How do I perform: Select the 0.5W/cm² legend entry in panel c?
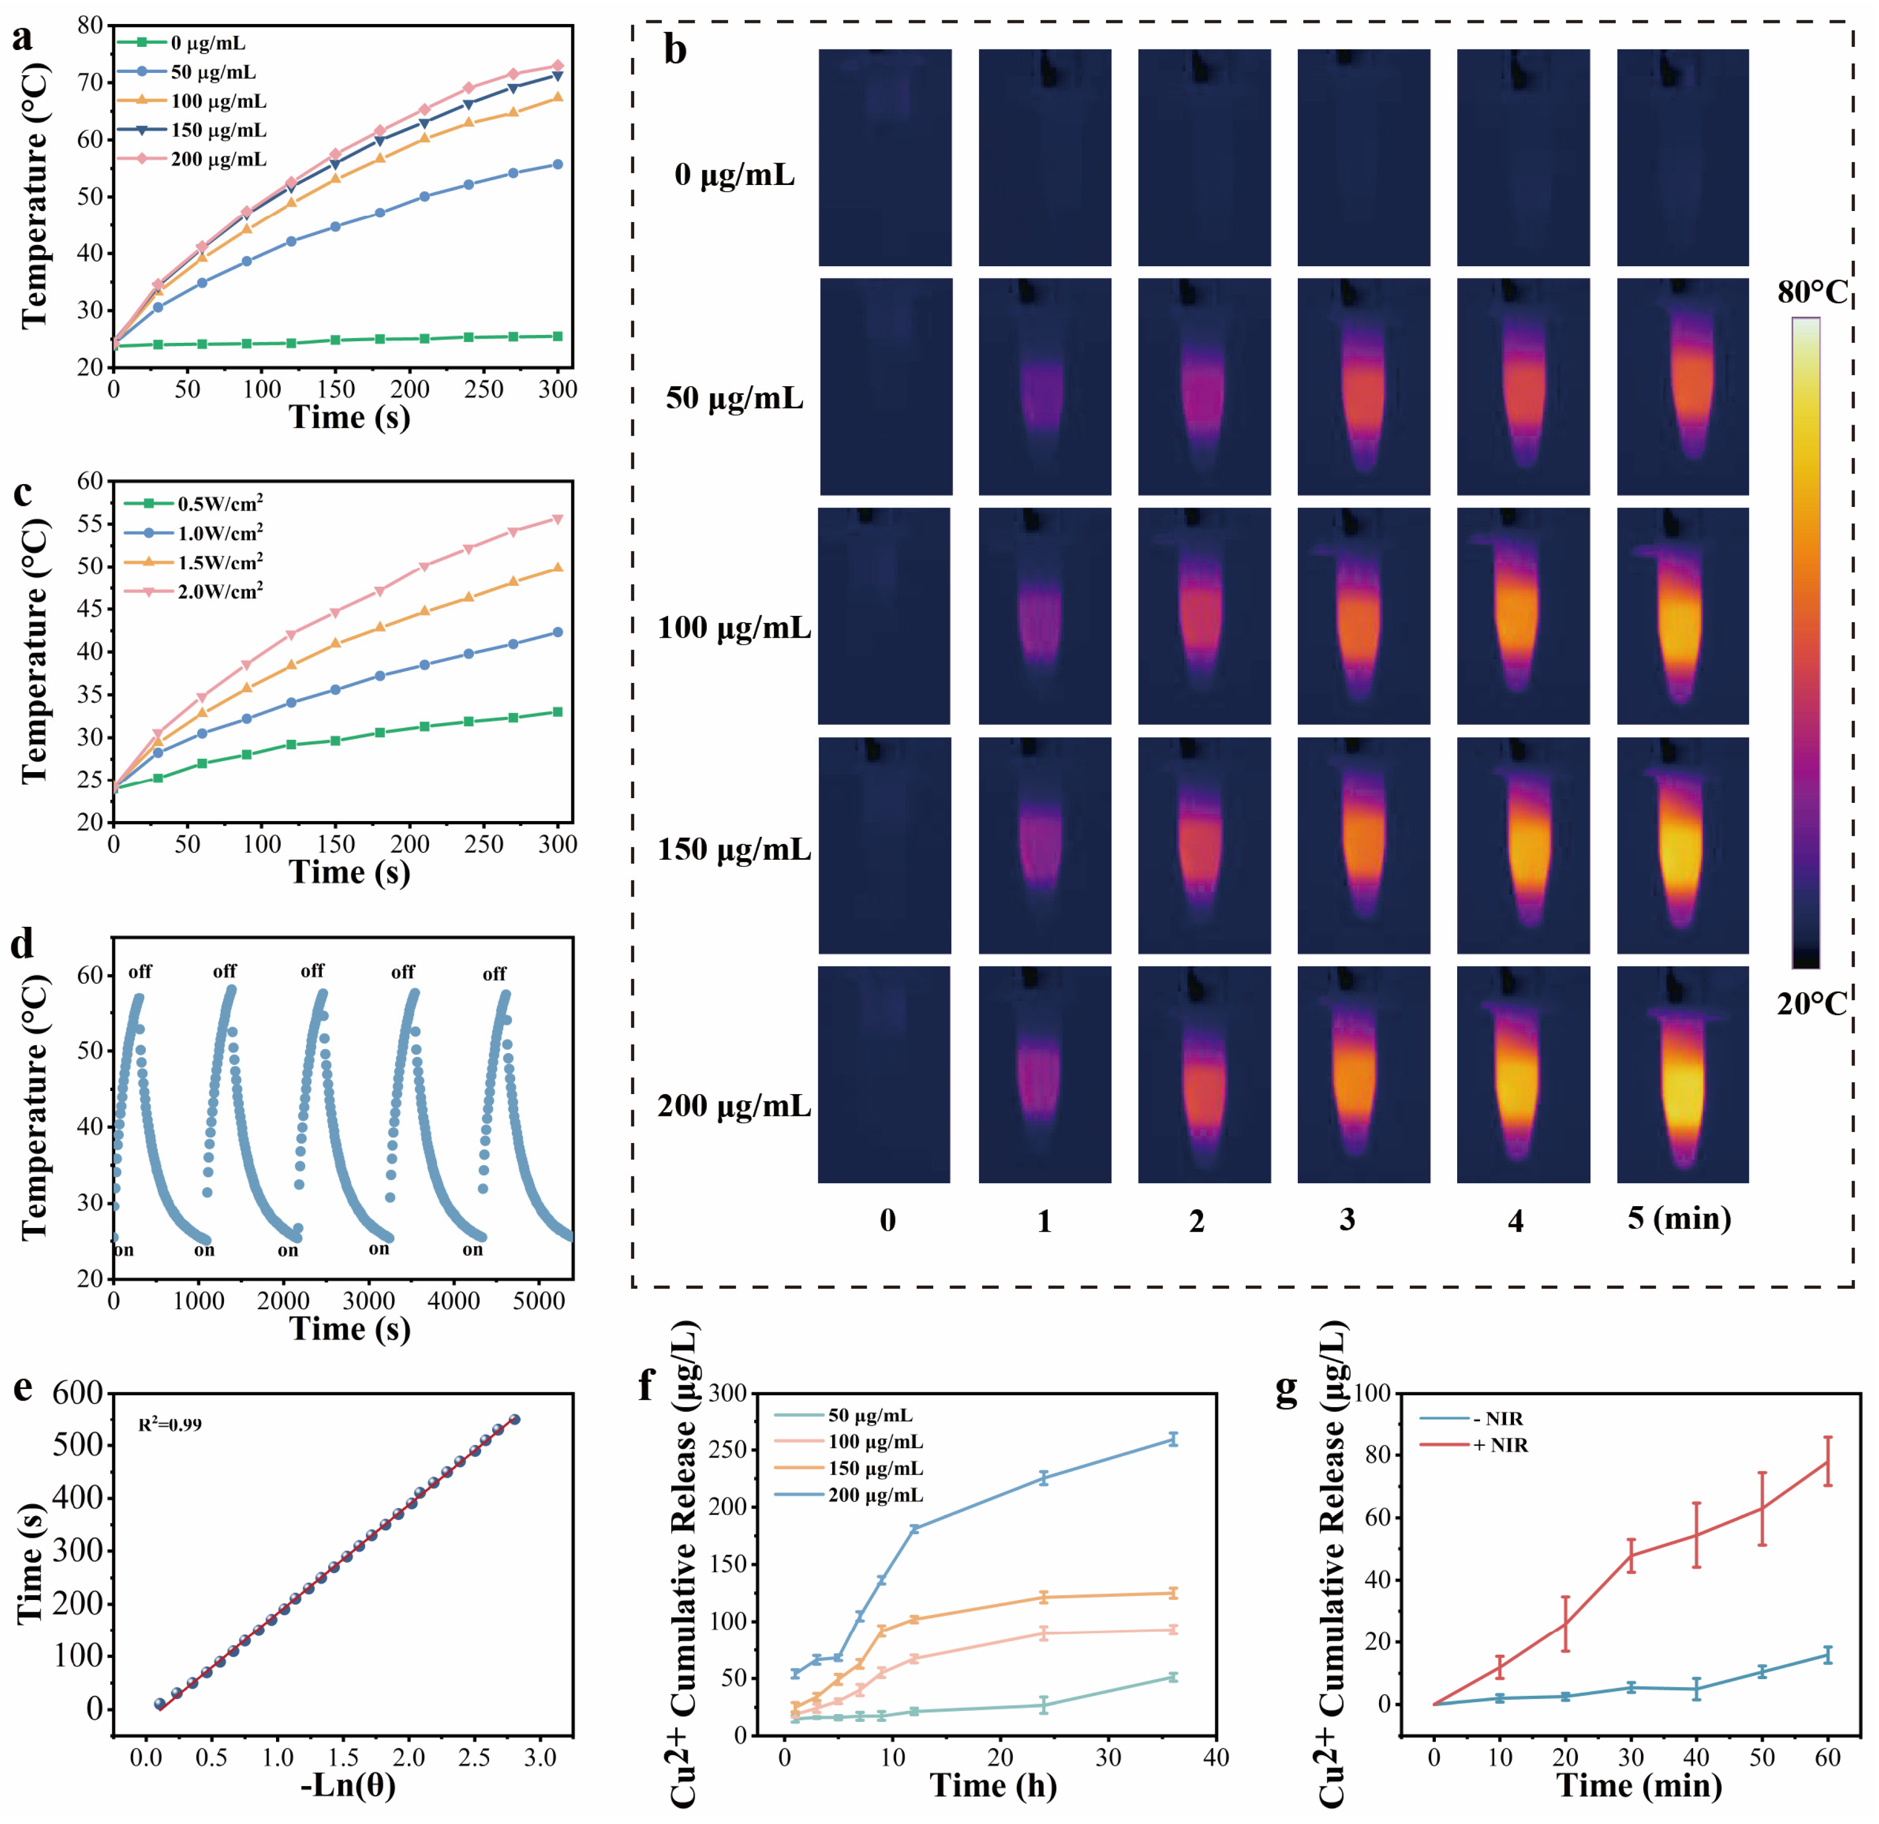point(220,503)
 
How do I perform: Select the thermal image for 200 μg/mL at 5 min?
point(1683,1074)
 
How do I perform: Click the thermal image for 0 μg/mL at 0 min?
point(885,157)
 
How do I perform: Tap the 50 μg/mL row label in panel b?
point(734,398)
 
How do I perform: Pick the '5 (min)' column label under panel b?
point(1678,1219)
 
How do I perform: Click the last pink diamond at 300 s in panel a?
point(558,66)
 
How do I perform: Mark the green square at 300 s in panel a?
point(558,336)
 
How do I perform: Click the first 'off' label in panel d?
point(140,972)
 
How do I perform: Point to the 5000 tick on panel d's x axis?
point(539,1301)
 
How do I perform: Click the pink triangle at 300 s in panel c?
point(558,519)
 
